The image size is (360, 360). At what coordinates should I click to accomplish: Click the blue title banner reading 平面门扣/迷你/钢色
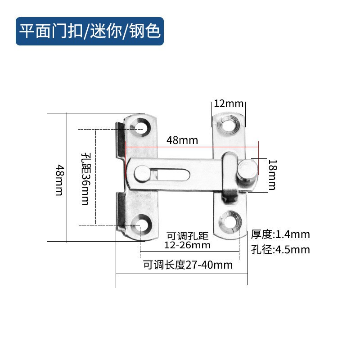pos(90,31)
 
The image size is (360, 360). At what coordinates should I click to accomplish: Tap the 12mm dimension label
pos(228,103)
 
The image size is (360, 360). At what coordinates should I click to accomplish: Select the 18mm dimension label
pos(272,175)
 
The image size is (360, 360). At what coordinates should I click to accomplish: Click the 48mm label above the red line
pos(182,140)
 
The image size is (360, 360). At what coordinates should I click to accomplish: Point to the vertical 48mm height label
pos(58,180)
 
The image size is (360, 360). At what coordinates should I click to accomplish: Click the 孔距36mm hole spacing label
pos(85,178)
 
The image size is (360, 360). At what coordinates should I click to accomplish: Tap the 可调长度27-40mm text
pos(188,265)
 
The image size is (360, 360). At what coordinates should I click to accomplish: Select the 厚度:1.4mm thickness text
pos(280,234)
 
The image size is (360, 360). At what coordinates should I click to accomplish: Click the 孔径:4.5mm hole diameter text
pos(280,249)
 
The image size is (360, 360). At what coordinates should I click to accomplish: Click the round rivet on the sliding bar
pos(141,174)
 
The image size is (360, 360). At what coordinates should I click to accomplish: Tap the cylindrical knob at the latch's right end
pos(248,173)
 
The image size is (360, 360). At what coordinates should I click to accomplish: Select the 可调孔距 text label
pos(188,235)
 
